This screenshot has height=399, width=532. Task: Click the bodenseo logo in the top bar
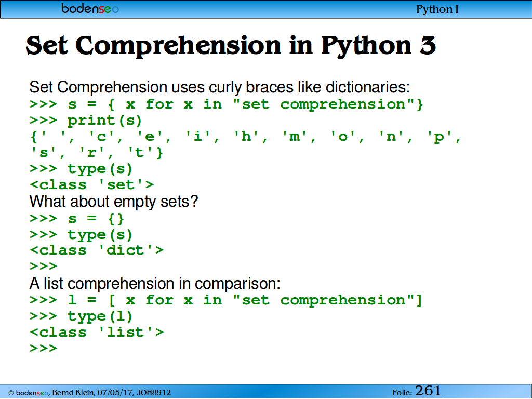pyautogui.click(x=90, y=8)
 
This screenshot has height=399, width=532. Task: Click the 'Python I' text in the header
pyautogui.click(x=437, y=9)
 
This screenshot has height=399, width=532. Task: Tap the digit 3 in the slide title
pyautogui.click(x=428, y=45)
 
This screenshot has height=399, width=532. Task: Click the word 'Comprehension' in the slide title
pyautogui.click(x=179, y=46)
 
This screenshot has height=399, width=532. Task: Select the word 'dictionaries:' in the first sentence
pyautogui.click(x=368, y=87)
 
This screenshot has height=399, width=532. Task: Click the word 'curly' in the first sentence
pyautogui.click(x=225, y=88)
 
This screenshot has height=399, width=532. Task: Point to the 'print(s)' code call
pyautogui.click(x=104, y=121)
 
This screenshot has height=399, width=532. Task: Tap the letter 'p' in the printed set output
pyautogui.click(x=439, y=138)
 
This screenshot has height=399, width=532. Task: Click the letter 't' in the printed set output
pyautogui.click(x=139, y=152)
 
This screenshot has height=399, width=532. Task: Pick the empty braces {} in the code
pyautogui.click(x=116, y=219)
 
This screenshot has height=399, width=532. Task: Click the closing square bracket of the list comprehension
pyautogui.click(x=419, y=300)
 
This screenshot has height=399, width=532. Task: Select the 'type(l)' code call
pyautogui.click(x=100, y=316)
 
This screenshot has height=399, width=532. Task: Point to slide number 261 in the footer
pyautogui.click(x=428, y=391)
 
